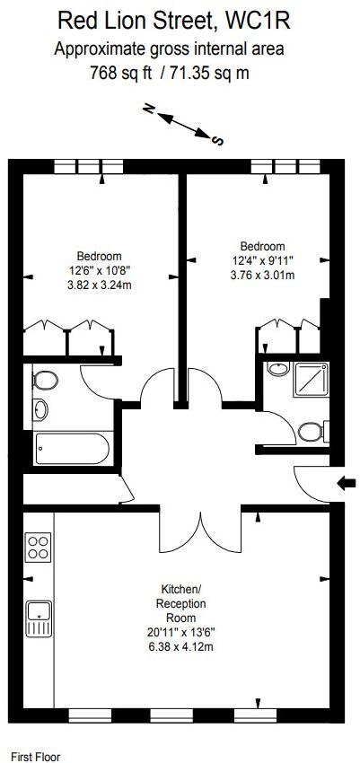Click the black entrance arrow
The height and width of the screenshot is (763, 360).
tap(346, 483)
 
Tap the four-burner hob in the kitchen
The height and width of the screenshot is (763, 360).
tap(39, 548)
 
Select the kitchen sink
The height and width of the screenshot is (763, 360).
tap(40, 618)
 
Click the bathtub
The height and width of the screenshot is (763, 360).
tap(73, 448)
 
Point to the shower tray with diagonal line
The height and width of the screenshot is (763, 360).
tap(311, 380)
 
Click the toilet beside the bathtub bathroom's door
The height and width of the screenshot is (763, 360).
tap(46, 380)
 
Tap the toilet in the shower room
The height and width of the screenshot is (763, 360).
tap(312, 431)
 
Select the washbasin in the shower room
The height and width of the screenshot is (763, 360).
tap(279, 369)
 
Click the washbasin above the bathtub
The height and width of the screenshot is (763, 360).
tap(41, 409)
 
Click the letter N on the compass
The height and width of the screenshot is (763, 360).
tap(148, 109)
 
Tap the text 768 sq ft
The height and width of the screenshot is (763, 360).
tap(121, 73)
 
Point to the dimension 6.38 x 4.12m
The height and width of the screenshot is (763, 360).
tap(181, 647)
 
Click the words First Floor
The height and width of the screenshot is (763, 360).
tap(36, 757)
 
